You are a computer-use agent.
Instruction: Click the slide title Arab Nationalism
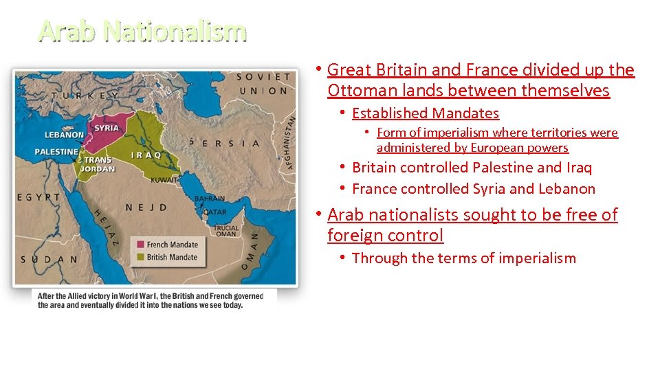click(142, 31)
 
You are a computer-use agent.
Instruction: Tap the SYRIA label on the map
click(106, 128)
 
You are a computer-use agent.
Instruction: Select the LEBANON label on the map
click(64, 135)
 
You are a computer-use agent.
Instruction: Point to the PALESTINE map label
click(56, 151)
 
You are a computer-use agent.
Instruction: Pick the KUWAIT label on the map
click(165, 179)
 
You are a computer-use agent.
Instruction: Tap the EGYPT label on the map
click(40, 197)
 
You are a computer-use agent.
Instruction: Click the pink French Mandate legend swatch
click(142, 245)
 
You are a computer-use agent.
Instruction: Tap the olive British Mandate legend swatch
click(142, 258)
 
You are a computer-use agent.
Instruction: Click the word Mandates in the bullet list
click(464, 113)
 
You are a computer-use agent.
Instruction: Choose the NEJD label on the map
click(148, 207)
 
